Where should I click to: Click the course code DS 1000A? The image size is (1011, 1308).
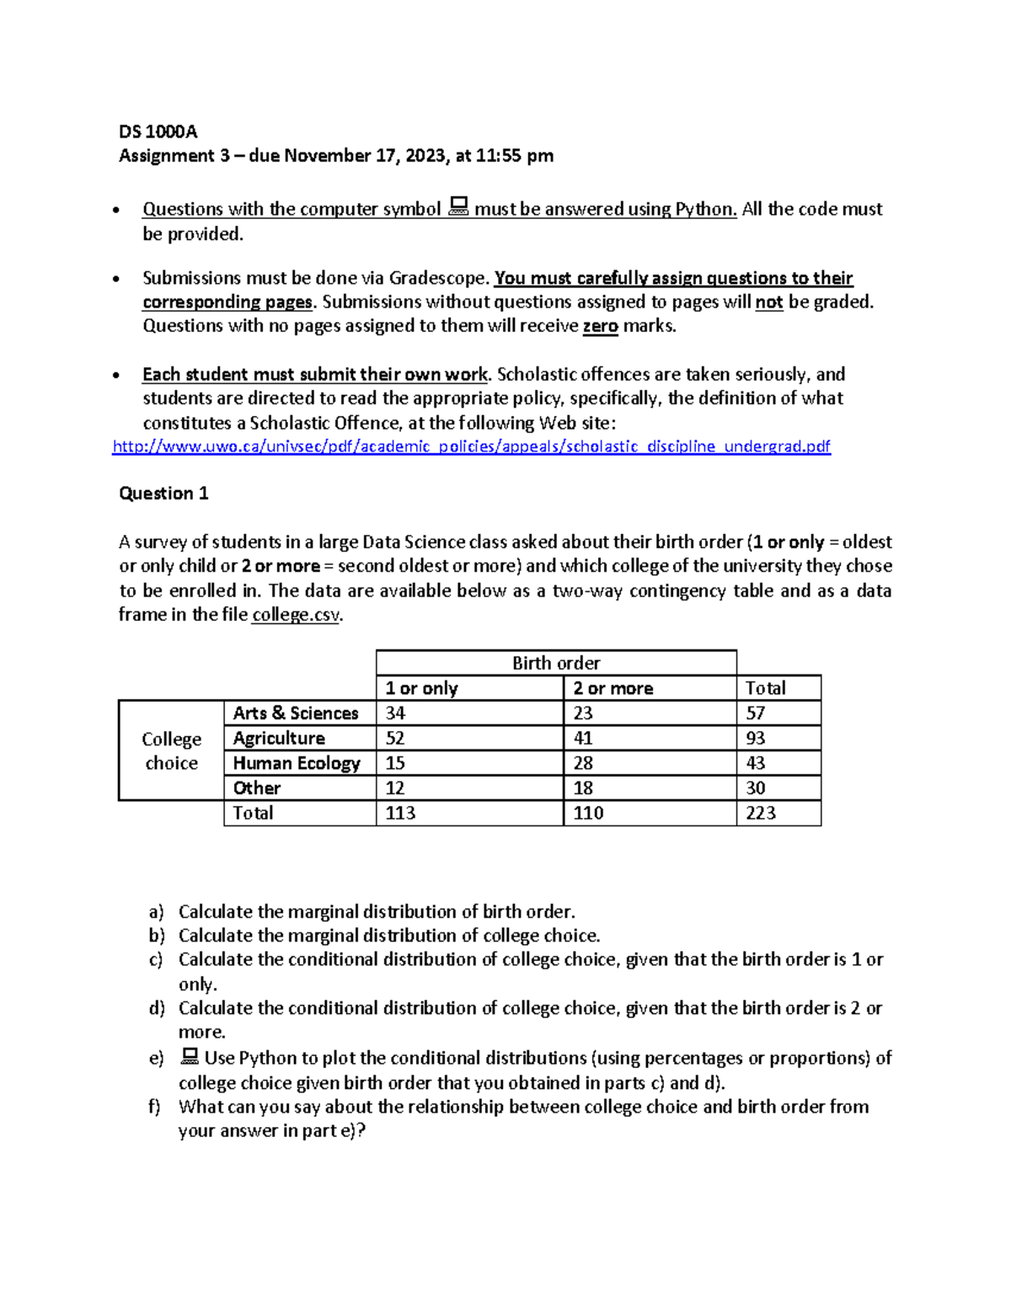tap(158, 131)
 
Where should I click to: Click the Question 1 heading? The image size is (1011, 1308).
tap(163, 494)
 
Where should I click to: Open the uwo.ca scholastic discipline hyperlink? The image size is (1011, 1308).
tap(471, 446)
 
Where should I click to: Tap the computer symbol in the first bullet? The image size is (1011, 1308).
tap(458, 206)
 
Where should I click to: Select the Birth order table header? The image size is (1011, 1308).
tap(556, 663)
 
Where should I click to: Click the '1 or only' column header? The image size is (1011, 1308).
tap(421, 688)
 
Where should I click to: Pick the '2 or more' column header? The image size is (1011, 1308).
tap(612, 688)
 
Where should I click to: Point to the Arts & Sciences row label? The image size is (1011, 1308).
tap(296, 713)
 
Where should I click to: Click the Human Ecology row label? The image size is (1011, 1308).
tap(297, 763)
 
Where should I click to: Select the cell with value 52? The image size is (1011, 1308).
tap(395, 739)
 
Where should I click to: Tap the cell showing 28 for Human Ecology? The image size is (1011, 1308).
tap(583, 763)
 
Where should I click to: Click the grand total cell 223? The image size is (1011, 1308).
tap(761, 813)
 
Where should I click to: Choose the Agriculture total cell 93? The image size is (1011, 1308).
tap(756, 739)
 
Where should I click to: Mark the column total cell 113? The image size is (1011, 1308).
tap(400, 813)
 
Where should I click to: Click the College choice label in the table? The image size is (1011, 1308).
tap(171, 750)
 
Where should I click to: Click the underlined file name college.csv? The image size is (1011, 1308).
tap(296, 615)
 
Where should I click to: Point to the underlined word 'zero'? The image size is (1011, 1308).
tap(600, 326)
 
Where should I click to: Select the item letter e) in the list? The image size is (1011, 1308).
tap(156, 1059)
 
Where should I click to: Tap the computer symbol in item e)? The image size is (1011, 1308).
tap(190, 1056)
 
